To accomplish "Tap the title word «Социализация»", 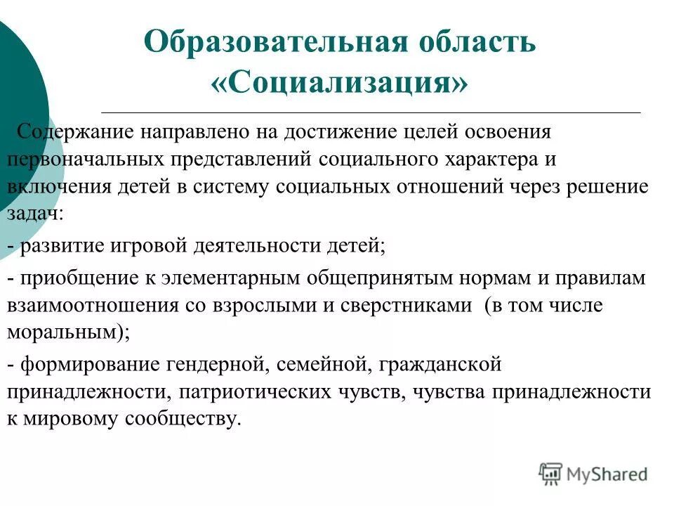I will [338, 83].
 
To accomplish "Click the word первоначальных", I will [84, 158].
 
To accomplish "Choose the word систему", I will [232, 186].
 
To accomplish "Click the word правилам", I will [604, 278].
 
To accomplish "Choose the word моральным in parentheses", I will [63, 333].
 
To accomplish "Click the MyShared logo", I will [593, 473].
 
